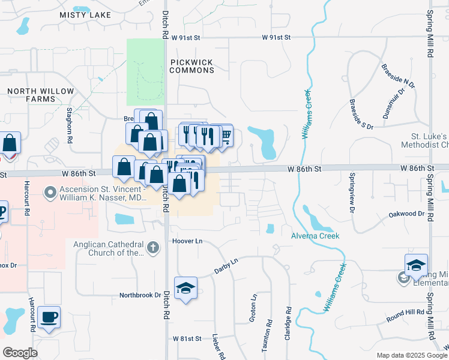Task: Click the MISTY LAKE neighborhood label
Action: (85, 14)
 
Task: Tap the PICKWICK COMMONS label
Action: (191, 66)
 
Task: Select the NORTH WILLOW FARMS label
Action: (40, 95)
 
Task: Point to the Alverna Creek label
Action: (316, 236)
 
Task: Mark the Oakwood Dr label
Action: (406, 214)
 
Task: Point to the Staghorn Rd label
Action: (70, 125)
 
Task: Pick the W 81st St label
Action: (187, 338)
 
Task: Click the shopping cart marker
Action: (225, 137)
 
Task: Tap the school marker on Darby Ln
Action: (185, 288)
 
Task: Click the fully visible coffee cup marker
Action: (49, 317)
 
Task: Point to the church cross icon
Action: (153, 247)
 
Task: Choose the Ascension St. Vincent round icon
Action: (50, 193)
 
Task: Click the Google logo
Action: (20, 352)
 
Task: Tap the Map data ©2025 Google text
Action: (411, 355)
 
